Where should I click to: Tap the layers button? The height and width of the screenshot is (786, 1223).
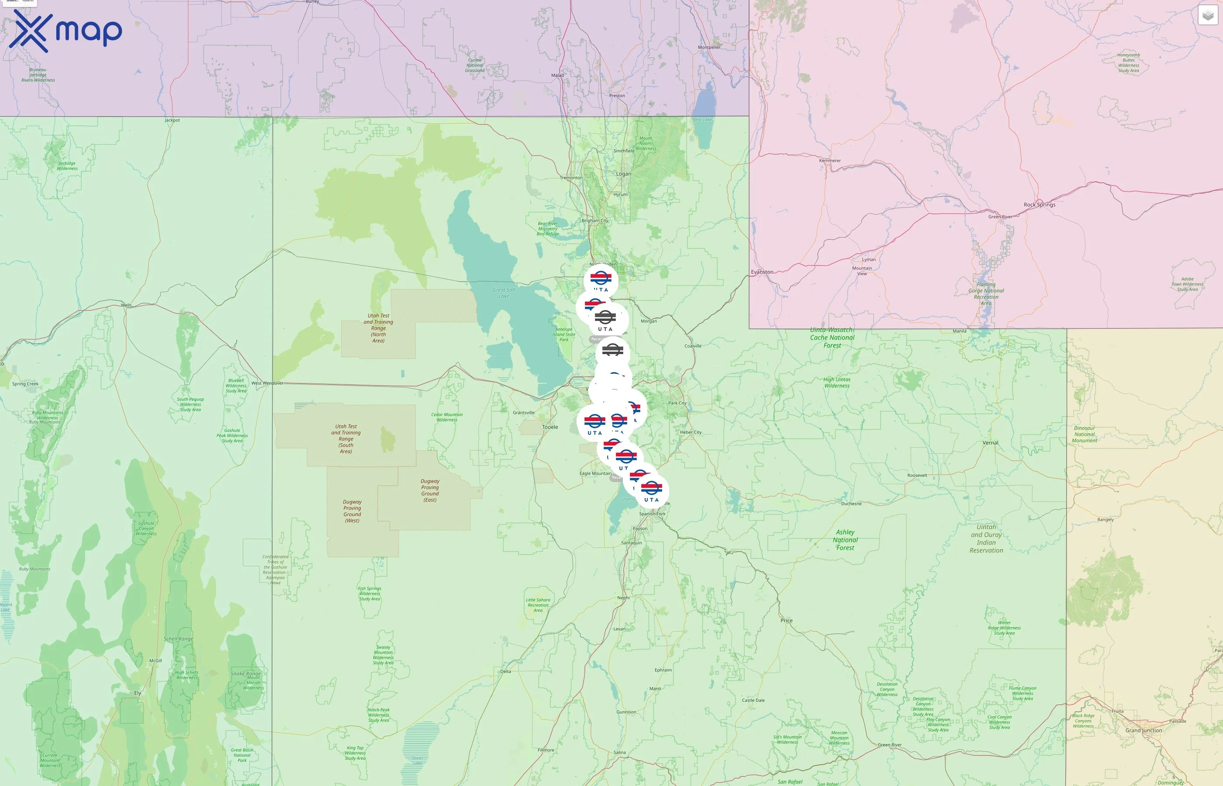coord(1208,15)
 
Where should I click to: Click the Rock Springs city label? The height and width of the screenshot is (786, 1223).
coord(1039,205)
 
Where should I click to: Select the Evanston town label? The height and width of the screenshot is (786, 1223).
coord(762,272)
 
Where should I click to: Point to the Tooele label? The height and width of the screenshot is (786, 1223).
coord(550,427)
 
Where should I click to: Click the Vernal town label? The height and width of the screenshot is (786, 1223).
coord(990,442)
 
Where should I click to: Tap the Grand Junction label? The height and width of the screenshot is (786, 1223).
coord(1144,731)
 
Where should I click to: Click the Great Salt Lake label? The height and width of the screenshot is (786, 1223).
coord(504,293)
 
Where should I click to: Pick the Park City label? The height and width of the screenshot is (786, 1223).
coord(677,403)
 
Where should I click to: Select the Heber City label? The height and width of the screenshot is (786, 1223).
coord(691,432)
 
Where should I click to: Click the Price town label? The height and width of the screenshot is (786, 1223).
coord(787,621)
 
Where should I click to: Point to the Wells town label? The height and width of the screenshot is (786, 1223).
coord(126,305)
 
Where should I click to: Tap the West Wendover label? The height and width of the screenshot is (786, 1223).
coord(267,383)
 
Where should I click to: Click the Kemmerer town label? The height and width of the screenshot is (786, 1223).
coord(829,161)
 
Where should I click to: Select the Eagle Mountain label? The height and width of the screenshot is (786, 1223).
coord(595,474)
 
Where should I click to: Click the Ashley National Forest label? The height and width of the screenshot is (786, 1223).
coord(845,539)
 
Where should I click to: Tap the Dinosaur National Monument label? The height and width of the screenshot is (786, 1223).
coord(1084,434)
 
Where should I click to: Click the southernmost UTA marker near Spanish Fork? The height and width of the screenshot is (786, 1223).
coord(651,490)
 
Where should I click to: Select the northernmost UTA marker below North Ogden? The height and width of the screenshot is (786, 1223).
coord(601,280)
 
